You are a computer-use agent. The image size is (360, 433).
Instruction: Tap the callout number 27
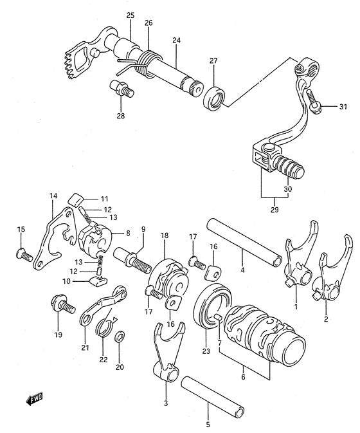coord(213,61)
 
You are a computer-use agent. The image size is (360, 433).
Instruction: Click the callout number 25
coord(130,15)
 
